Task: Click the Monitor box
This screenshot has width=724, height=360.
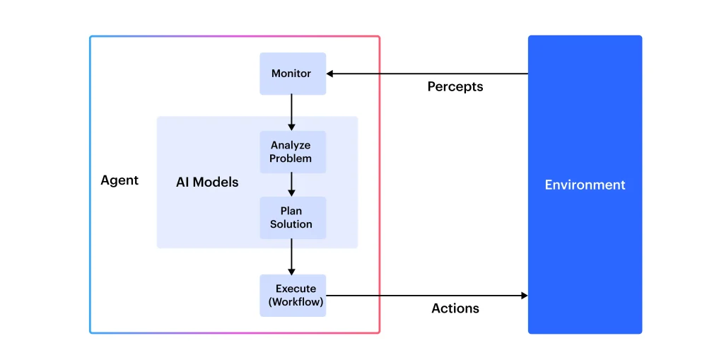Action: pyautogui.click(x=292, y=74)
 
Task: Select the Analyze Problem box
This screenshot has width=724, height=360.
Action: pyautogui.click(x=292, y=152)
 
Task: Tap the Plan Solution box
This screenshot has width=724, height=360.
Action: pyautogui.click(x=292, y=218)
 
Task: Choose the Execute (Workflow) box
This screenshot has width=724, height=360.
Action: pyautogui.click(x=292, y=296)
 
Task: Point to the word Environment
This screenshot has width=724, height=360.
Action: pyautogui.click(x=585, y=185)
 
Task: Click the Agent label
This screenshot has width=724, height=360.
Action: pyautogui.click(x=119, y=180)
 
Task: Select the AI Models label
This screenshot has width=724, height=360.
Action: pyautogui.click(x=207, y=182)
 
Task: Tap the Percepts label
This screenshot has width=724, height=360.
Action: pyautogui.click(x=455, y=87)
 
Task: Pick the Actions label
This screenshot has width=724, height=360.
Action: pyautogui.click(x=455, y=308)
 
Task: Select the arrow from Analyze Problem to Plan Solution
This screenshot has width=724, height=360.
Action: pyautogui.click(x=291, y=185)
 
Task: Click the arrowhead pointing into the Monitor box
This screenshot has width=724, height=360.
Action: pyautogui.click(x=330, y=74)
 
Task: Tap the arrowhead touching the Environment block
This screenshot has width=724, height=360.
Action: pyautogui.click(x=524, y=296)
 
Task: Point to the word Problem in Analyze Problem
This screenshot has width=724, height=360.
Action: pyautogui.click(x=291, y=158)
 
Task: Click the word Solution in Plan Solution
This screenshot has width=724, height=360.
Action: pyautogui.click(x=291, y=224)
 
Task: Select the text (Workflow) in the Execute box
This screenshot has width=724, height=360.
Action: pyautogui.click(x=296, y=302)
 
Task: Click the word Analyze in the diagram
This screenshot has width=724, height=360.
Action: pyautogui.click(x=291, y=146)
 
